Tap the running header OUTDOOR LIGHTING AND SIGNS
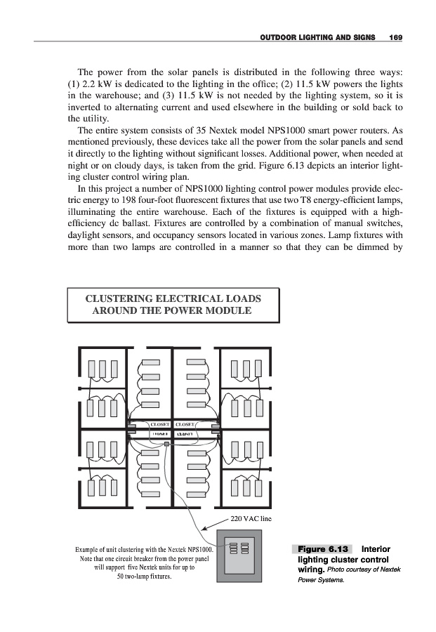tap(317, 36)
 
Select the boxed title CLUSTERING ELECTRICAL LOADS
tap(173, 298)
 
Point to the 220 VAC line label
tap(251, 519)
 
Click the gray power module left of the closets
tap(131, 426)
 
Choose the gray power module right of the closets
tap(215, 426)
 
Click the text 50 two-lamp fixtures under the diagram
tap(143, 577)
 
